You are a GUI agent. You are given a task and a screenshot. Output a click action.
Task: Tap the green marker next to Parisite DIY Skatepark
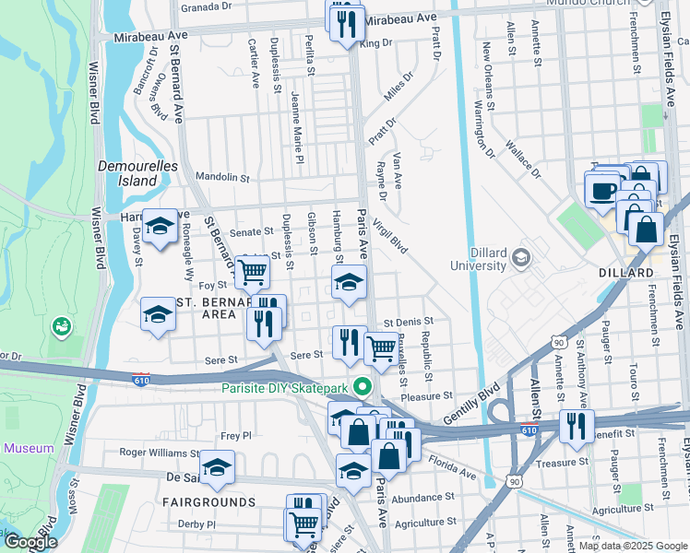tap(363, 387)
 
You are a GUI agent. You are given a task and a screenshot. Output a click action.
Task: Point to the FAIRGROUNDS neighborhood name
tap(209, 502)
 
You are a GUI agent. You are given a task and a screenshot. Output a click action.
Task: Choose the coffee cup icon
tap(603, 191)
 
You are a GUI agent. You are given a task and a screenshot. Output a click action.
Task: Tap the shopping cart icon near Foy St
tap(252, 272)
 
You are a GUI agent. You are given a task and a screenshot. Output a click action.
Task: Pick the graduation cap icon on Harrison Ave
tap(160, 227)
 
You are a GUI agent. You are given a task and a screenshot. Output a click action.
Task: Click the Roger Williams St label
tap(160, 453)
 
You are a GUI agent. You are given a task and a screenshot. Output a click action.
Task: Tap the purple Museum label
tap(29, 448)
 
